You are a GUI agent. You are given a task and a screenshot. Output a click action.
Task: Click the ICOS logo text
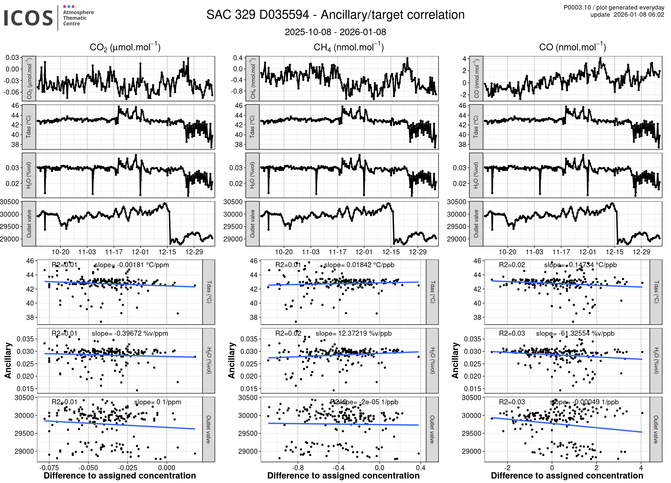pyautogui.click(x=28, y=18)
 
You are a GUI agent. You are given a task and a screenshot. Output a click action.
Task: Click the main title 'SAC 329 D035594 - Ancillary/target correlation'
pyautogui.click(x=335, y=15)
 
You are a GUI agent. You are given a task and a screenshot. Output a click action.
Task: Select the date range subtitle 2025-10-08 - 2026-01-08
pyautogui.click(x=335, y=32)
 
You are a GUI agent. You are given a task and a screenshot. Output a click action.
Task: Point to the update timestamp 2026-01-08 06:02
pyautogui.click(x=639, y=15)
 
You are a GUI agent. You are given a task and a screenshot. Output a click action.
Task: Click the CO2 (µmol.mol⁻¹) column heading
pyautogui.click(x=125, y=47)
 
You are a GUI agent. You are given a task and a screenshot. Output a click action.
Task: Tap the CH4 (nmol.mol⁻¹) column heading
pyautogui.click(x=349, y=47)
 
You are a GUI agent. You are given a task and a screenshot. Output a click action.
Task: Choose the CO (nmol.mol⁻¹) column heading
pyautogui.click(x=572, y=47)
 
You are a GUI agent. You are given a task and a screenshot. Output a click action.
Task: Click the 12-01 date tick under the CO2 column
pyautogui.click(x=140, y=252)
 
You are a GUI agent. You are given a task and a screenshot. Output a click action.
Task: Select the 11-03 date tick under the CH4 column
pyautogui.click(x=310, y=252)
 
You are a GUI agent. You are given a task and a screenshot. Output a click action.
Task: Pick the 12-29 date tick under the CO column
pyautogui.click(x=641, y=252)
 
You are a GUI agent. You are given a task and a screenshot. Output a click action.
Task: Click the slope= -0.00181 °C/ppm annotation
pyautogui.click(x=132, y=265)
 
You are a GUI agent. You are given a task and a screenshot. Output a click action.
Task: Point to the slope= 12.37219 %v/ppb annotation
pyautogui.click(x=353, y=333)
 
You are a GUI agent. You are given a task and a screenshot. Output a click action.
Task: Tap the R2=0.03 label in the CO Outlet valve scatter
pyautogui.click(x=512, y=402)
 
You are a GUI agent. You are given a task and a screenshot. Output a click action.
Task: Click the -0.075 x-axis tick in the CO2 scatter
pyautogui.click(x=49, y=467)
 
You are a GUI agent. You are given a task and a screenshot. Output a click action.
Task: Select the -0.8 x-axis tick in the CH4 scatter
pyautogui.click(x=298, y=467)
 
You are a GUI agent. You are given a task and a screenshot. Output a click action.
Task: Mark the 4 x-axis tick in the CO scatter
pyautogui.click(x=641, y=467)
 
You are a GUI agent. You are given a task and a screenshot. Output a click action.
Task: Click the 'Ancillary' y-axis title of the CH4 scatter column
pyautogui.click(x=232, y=360)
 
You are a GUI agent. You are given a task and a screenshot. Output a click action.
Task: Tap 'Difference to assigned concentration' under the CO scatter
pyautogui.click(x=567, y=476)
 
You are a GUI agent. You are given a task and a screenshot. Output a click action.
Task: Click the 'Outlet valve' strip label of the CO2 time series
pyautogui.click(x=29, y=224)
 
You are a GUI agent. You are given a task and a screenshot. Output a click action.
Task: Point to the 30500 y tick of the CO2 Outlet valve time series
pyautogui.click(x=10, y=202)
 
